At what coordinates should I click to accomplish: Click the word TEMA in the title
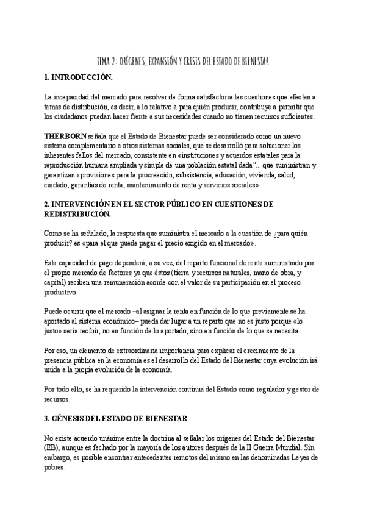pos(104,62)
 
